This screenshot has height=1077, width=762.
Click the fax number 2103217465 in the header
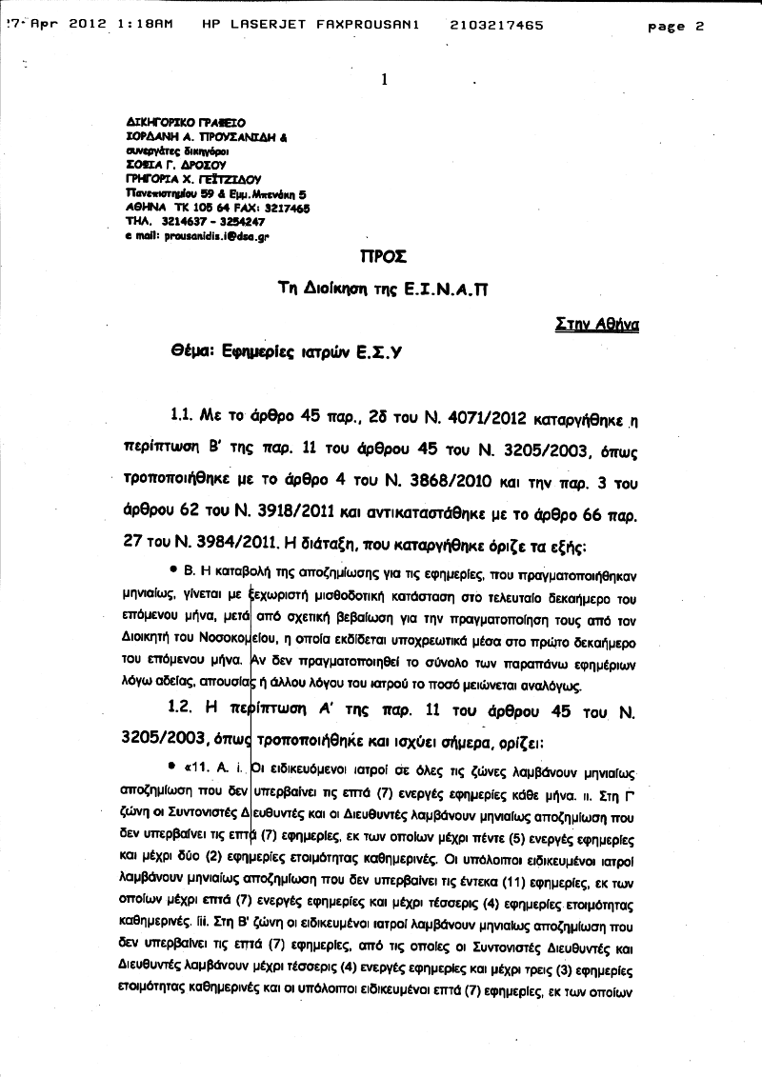coord(495,26)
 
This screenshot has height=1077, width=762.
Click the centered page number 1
coord(384,80)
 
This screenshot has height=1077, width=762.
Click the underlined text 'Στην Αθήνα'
coord(597,324)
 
